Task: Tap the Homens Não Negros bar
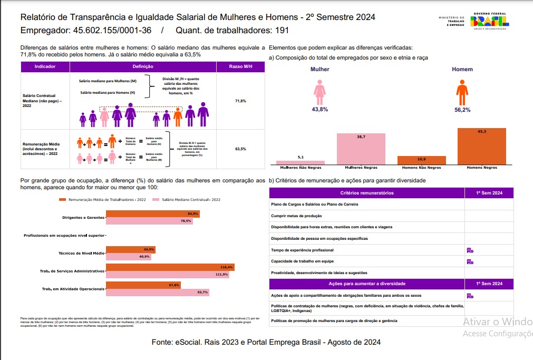pos(421,160)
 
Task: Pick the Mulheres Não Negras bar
pos(301,162)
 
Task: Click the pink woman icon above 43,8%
pos(319,92)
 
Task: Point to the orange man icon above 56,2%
pos(462,92)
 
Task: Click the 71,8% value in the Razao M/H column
pos(240,101)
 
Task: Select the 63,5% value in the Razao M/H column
pos(240,149)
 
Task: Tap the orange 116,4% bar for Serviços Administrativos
pos(170,268)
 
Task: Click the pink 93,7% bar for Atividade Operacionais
pos(157,292)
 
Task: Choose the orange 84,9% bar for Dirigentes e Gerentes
pos(152,213)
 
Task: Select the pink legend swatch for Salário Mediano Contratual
pos(156,200)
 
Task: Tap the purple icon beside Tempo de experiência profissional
pos(470,250)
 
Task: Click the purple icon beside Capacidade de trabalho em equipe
pos(470,261)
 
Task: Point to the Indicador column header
pos(45,67)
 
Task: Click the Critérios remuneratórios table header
pos(367,193)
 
